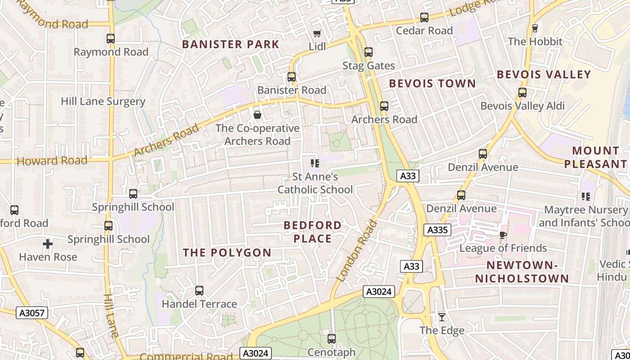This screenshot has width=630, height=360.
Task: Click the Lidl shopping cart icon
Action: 317,34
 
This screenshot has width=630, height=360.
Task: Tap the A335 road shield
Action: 437,230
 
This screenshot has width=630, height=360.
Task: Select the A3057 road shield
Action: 32,313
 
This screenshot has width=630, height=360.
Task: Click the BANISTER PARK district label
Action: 231,44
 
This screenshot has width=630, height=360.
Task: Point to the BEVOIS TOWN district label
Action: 432,83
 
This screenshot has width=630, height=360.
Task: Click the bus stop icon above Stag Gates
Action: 369,52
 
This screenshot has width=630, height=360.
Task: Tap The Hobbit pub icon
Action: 535,28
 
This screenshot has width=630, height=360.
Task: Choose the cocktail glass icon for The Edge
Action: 442,317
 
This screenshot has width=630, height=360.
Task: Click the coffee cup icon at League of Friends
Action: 503,235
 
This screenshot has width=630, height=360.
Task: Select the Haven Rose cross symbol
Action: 48,244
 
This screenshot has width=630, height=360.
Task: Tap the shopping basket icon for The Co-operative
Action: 257,115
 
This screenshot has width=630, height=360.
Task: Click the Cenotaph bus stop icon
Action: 332,338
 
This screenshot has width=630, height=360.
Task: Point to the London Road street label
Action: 356,250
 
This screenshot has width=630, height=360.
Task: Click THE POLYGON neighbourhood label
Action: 227,252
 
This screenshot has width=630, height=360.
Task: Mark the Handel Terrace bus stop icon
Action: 199,291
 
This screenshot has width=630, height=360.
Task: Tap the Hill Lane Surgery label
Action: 103,101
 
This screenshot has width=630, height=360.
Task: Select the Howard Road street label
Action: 52,161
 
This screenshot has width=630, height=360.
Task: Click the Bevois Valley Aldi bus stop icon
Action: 522,93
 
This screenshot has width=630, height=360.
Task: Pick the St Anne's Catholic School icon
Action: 315,163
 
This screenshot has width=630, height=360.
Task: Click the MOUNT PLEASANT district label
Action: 596,157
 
